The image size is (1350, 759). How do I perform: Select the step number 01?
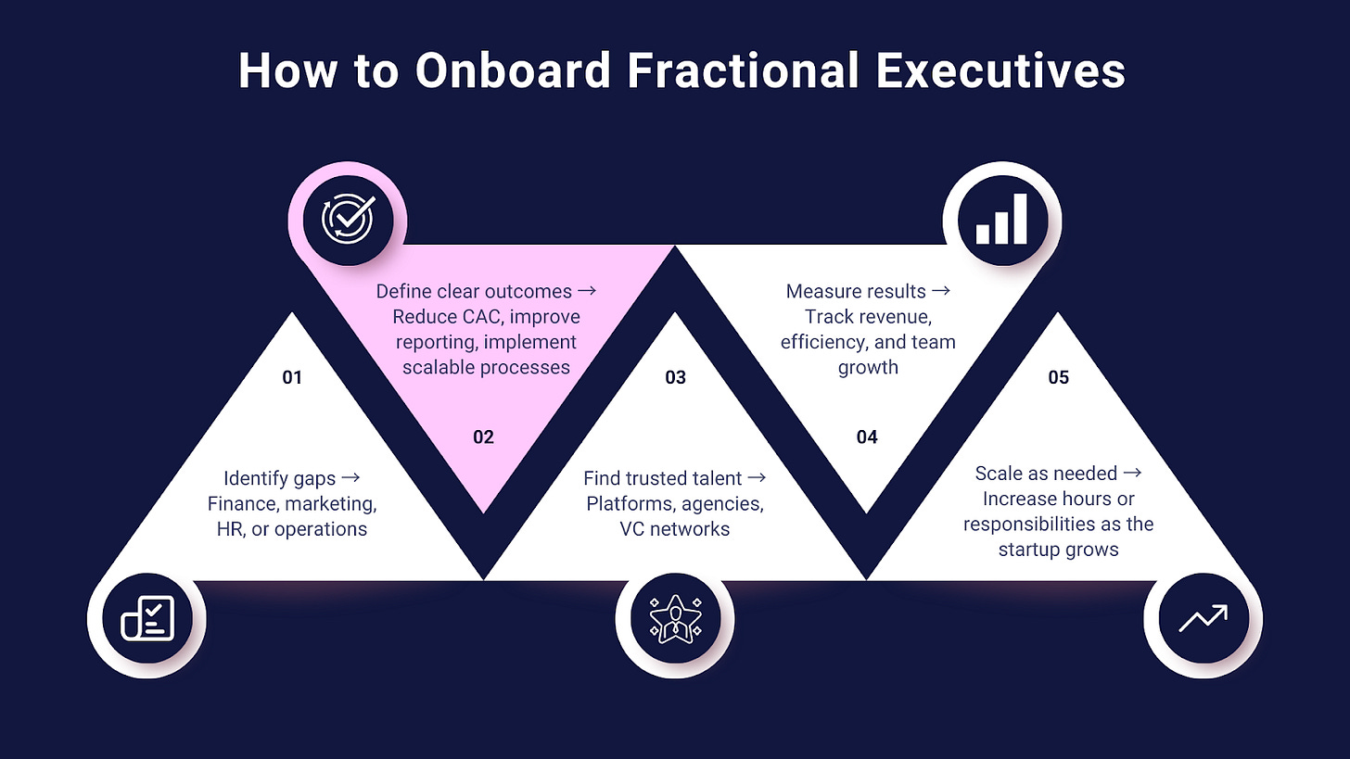tap(293, 377)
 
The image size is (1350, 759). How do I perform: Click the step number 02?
tap(483, 436)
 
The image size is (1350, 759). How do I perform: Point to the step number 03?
tap(676, 377)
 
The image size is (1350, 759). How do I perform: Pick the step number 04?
tap(867, 436)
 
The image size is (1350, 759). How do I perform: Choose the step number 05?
tap(1058, 377)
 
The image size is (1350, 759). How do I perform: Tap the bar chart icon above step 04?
tap(1001, 220)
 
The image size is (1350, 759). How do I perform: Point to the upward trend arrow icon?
tap(1203, 618)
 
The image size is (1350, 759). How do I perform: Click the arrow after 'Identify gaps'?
tap(350, 479)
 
